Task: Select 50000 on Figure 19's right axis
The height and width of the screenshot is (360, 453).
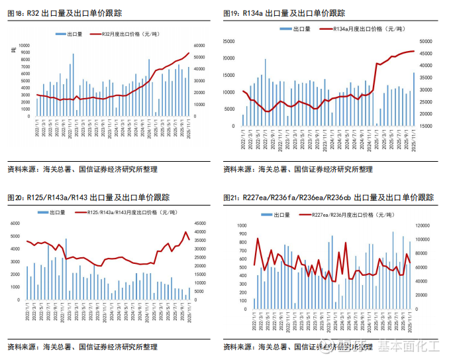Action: tap(426, 41)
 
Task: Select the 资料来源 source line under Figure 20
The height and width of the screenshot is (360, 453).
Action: tap(82, 347)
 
